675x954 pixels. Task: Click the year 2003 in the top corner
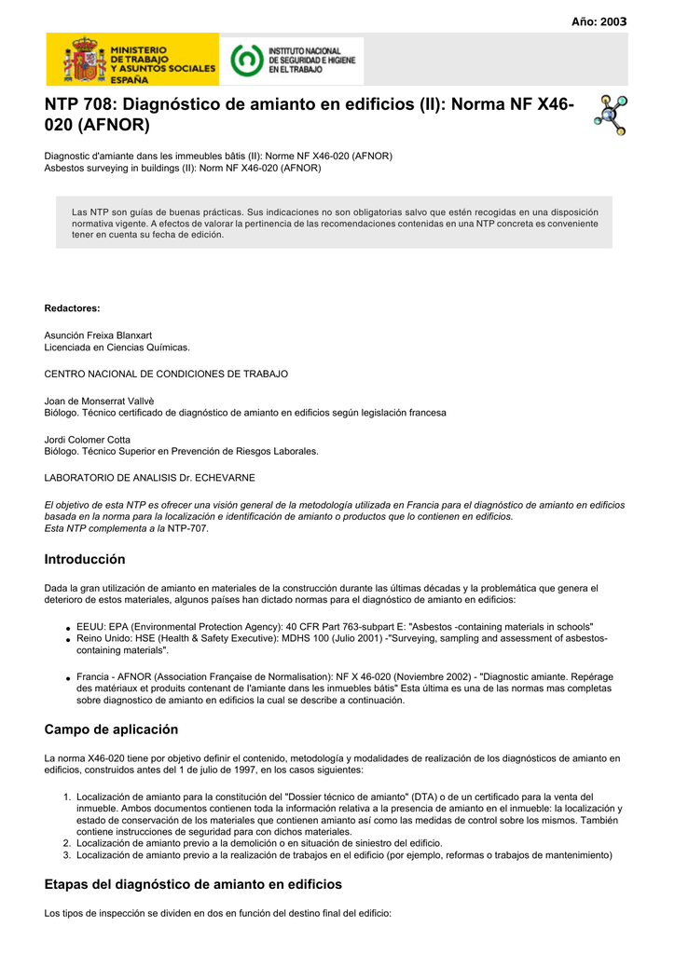[x=599, y=21]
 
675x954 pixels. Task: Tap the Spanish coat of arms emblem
[x=84, y=61]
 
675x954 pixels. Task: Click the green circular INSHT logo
[x=245, y=61]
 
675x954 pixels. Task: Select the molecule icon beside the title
[x=611, y=115]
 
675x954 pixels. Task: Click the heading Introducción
[x=85, y=560]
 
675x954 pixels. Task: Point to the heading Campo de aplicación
[x=111, y=729]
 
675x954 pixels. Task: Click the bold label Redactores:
[x=72, y=307]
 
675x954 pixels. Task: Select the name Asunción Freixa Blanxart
[x=98, y=334]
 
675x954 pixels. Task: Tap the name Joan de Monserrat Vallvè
[x=100, y=401]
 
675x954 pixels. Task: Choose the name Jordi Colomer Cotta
[x=88, y=439]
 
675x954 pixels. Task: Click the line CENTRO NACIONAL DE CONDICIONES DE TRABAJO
[x=166, y=374]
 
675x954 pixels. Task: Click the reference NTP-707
[x=188, y=528]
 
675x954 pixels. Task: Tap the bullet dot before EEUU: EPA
[x=68, y=628]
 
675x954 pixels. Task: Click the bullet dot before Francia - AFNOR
[x=68, y=677]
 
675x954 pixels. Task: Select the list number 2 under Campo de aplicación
[x=67, y=842]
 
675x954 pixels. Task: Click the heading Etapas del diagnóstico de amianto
[x=193, y=884]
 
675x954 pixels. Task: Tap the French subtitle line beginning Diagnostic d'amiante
[x=218, y=156]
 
